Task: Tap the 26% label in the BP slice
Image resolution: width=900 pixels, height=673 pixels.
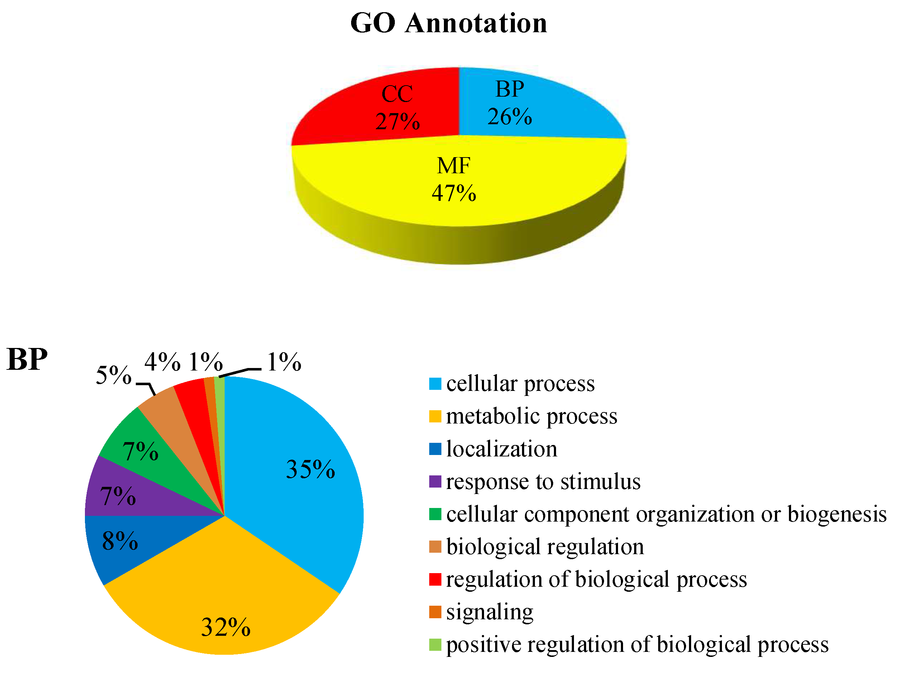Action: [509, 117]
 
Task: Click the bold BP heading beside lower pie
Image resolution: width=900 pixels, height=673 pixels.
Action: [27, 359]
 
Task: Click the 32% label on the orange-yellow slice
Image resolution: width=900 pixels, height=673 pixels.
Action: [226, 627]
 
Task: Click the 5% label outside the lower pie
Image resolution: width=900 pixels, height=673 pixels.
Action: [114, 375]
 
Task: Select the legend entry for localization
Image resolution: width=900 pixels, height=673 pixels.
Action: [501, 449]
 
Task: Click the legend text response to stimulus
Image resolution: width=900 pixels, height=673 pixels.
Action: [543, 482]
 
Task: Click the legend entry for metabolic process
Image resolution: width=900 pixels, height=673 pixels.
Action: [531, 416]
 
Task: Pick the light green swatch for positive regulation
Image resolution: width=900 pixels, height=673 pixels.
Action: [435, 644]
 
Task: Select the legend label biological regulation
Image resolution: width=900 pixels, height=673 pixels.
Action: [545, 547]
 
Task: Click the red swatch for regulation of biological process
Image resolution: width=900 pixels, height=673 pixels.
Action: [435, 580]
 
